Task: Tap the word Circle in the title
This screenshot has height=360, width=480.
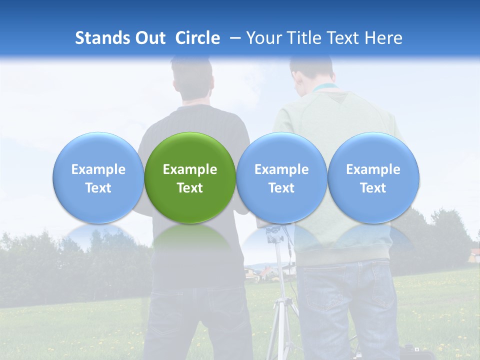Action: pyautogui.click(x=197, y=38)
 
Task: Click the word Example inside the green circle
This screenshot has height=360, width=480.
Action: pyautogui.click(x=190, y=169)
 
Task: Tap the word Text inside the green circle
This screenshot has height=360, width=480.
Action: pyautogui.click(x=190, y=188)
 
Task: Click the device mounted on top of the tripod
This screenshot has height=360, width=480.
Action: pyautogui.click(x=274, y=233)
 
